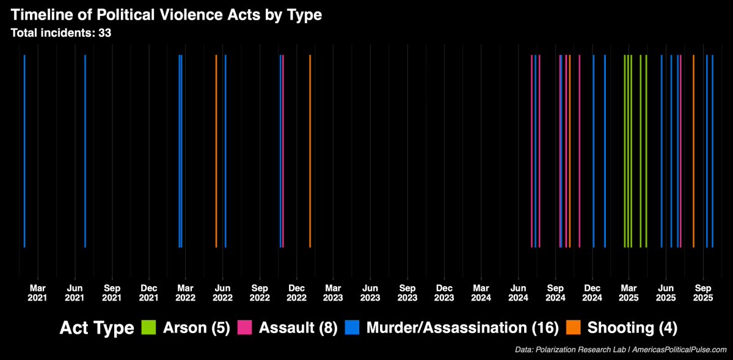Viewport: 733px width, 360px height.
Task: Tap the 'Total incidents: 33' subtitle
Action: (x=61, y=33)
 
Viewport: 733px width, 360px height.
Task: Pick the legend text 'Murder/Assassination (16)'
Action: (x=462, y=328)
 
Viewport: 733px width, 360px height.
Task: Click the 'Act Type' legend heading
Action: (x=97, y=328)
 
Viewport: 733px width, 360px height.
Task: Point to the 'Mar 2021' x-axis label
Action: (x=38, y=292)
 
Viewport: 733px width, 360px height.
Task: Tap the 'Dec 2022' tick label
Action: (x=297, y=292)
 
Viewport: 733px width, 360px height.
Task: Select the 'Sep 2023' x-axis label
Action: (x=407, y=292)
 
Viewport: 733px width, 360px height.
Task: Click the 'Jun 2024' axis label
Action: (x=519, y=292)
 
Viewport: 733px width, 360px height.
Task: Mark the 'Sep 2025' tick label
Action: (x=704, y=292)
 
